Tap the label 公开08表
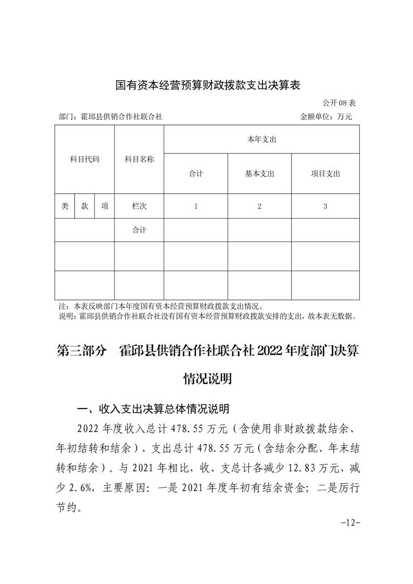339,103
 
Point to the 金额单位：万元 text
326,117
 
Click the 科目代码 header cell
84,159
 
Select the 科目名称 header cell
139,159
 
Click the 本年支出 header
261,139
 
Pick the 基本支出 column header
259,174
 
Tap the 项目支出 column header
325,174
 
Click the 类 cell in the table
65,206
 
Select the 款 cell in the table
84,206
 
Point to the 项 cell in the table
105,206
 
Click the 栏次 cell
139,206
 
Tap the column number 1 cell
196,206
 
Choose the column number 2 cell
259,206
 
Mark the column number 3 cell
325,206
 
